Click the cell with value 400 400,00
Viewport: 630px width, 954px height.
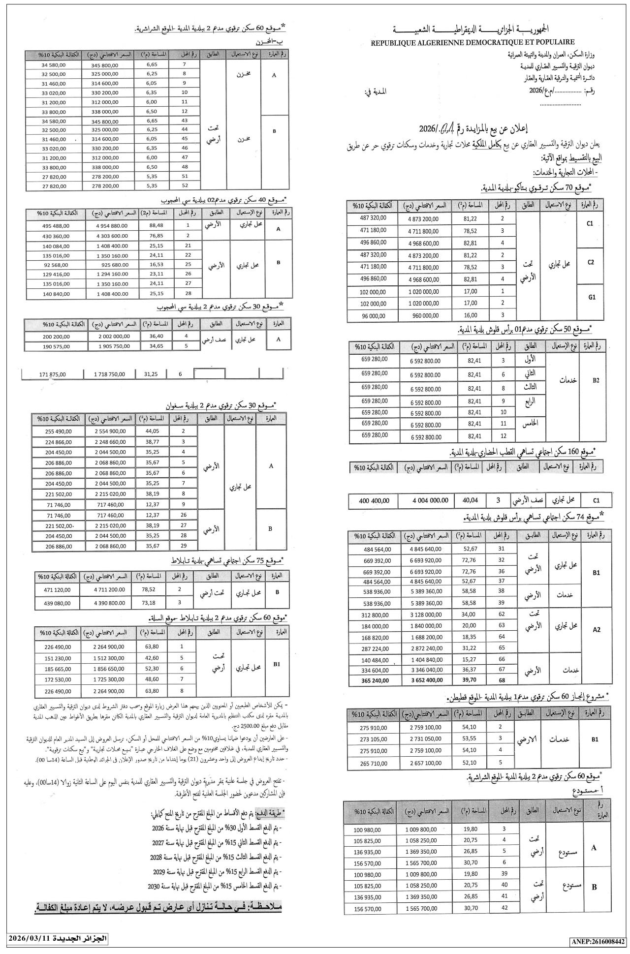pyautogui.click(x=374, y=501)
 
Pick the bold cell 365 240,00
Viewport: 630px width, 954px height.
pyautogui.click(x=374, y=681)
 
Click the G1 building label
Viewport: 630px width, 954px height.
pyautogui.click(x=591, y=297)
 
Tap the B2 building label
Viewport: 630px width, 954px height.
pyautogui.click(x=596, y=380)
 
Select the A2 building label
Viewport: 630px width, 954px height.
pyautogui.click(x=597, y=629)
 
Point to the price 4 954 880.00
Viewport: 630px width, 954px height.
pyautogui.click(x=109, y=225)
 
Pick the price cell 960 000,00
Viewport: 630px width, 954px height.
pyautogui.click(x=426, y=315)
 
